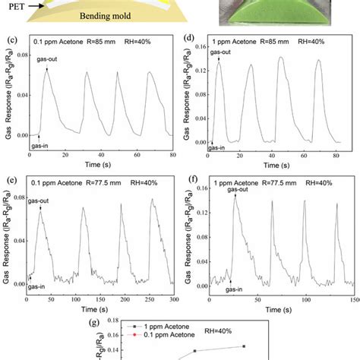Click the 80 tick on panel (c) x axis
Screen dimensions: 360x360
172,156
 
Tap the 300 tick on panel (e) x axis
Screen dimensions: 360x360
172,302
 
